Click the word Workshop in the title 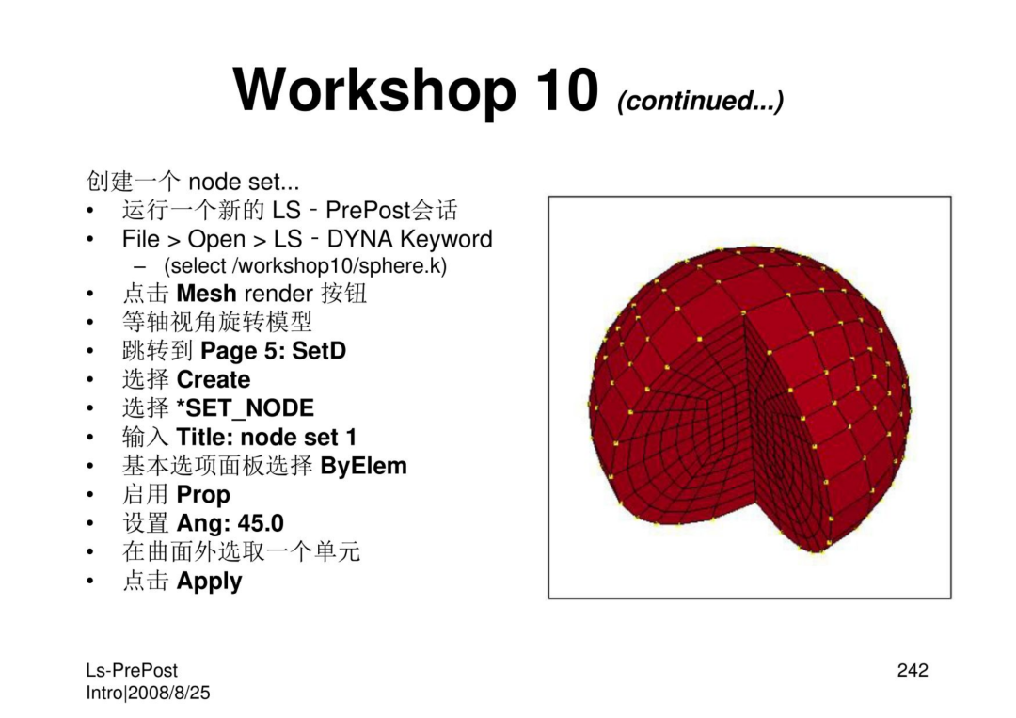(374, 91)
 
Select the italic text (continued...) (701, 101)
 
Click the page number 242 (913, 670)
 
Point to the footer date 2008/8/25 (169, 693)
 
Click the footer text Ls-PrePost (132, 670)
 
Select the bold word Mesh (206, 294)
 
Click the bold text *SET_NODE (245, 408)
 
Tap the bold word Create (214, 379)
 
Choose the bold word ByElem (363, 466)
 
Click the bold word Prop (203, 495)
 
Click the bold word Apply (209, 582)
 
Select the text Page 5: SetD (274, 351)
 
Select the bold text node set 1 (299, 438)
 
